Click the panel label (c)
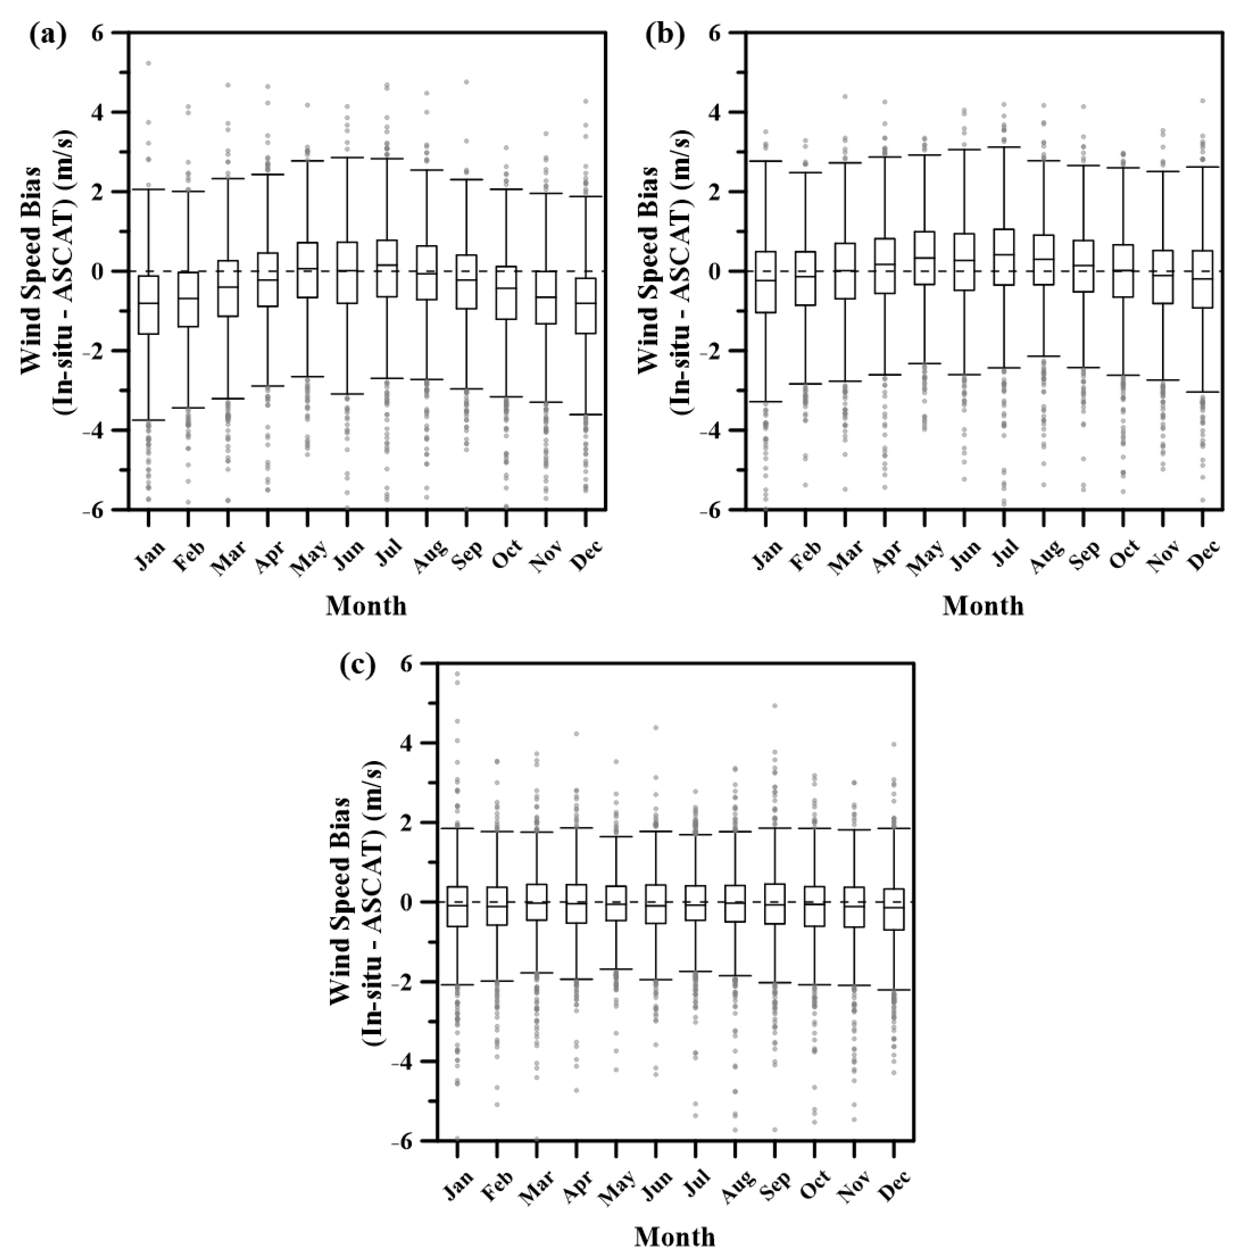click(x=357, y=666)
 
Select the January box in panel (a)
click(x=149, y=305)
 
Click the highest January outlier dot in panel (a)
click(x=149, y=63)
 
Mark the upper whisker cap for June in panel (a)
click(x=347, y=157)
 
